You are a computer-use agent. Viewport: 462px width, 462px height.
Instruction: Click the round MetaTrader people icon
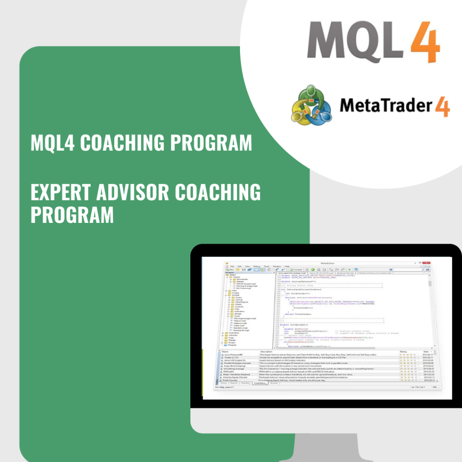coord(311,107)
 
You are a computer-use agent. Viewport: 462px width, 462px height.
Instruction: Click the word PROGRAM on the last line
coord(72,214)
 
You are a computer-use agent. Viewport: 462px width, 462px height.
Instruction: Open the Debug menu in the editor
coord(257,267)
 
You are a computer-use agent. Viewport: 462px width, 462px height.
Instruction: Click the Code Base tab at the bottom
coord(259,383)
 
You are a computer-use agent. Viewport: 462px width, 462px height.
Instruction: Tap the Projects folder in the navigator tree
coord(232,345)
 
